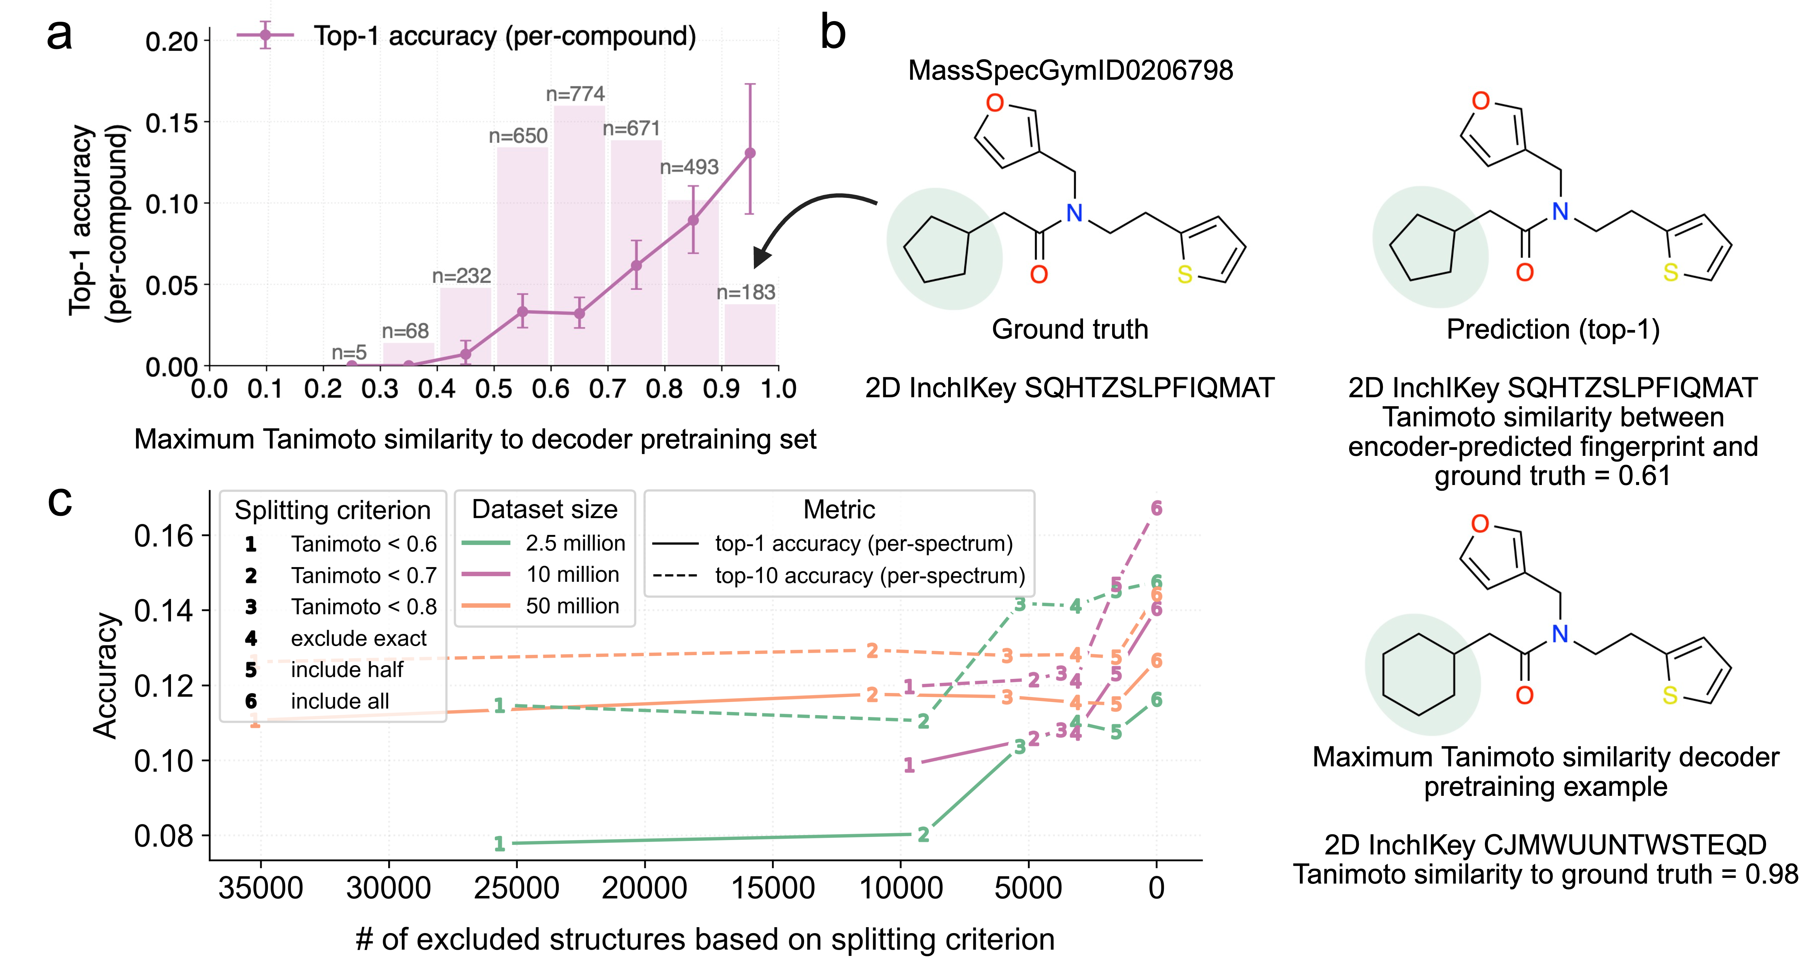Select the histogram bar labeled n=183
[749, 335]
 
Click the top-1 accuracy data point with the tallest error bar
[749, 153]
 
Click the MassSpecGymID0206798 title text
[1070, 70]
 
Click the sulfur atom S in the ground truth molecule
[1185, 274]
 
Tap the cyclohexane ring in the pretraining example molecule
[1419, 674]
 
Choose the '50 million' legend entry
[540, 606]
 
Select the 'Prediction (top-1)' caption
[1553, 329]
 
